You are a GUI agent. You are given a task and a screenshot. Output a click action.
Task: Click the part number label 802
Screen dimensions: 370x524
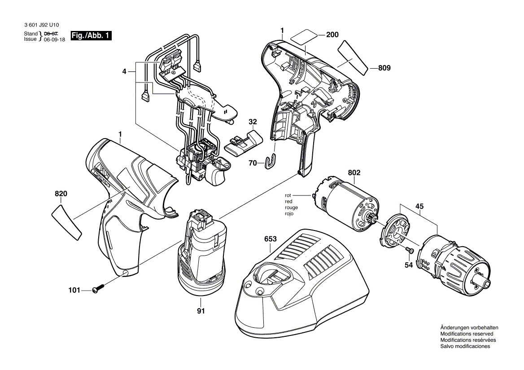[x=354, y=172]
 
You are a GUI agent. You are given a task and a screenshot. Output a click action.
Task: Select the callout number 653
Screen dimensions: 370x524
[x=270, y=239]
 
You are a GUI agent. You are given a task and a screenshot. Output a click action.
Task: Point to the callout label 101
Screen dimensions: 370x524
[x=74, y=291]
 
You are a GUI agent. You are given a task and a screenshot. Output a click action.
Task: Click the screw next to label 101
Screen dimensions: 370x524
[x=98, y=289]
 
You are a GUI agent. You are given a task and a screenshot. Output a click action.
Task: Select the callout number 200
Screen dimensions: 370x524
[x=332, y=35]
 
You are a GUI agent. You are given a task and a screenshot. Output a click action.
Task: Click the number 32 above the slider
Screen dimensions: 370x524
[x=253, y=121]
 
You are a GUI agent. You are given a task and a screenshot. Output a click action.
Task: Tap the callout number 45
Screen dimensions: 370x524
[x=420, y=207]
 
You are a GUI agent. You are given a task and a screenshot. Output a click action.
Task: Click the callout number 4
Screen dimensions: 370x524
[x=124, y=71]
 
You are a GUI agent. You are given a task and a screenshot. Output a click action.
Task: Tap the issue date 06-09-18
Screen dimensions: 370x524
[x=53, y=39]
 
